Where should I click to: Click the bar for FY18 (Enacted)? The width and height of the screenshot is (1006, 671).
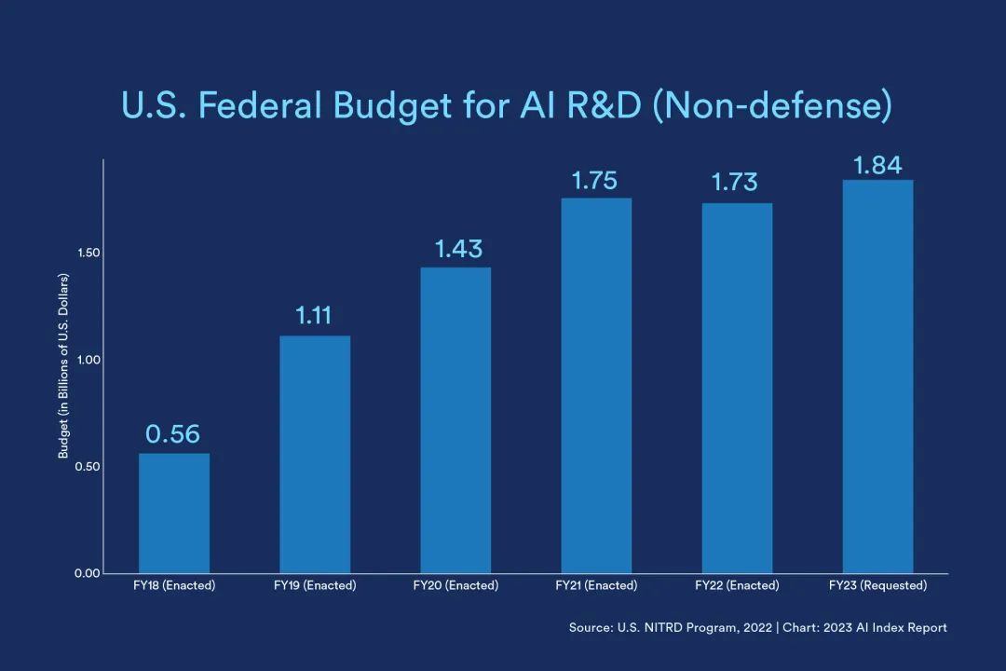(x=174, y=513)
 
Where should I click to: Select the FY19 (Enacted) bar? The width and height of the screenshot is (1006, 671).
(x=315, y=454)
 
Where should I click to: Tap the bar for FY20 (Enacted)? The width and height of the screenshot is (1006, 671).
(x=455, y=420)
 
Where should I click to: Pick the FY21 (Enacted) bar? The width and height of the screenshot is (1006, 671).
(x=596, y=386)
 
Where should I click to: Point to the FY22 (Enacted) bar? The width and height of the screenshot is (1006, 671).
(x=737, y=388)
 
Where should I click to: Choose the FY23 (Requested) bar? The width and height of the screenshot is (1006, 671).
(x=877, y=377)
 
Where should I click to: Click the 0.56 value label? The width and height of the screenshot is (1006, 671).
(x=173, y=434)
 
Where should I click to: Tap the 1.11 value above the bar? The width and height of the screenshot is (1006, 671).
(x=315, y=316)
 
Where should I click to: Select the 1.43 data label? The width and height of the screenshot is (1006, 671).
(x=458, y=249)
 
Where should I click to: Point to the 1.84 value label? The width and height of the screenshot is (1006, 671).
(x=877, y=165)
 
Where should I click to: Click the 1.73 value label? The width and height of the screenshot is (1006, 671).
(x=735, y=182)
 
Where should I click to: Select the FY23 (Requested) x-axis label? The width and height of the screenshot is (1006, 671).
(x=877, y=586)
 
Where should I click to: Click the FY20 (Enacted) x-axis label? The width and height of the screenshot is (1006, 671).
(x=455, y=586)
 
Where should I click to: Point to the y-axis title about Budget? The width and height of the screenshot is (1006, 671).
(x=64, y=366)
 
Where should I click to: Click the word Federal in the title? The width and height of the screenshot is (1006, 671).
(x=252, y=105)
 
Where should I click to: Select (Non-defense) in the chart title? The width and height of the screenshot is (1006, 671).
(x=772, y=105)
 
